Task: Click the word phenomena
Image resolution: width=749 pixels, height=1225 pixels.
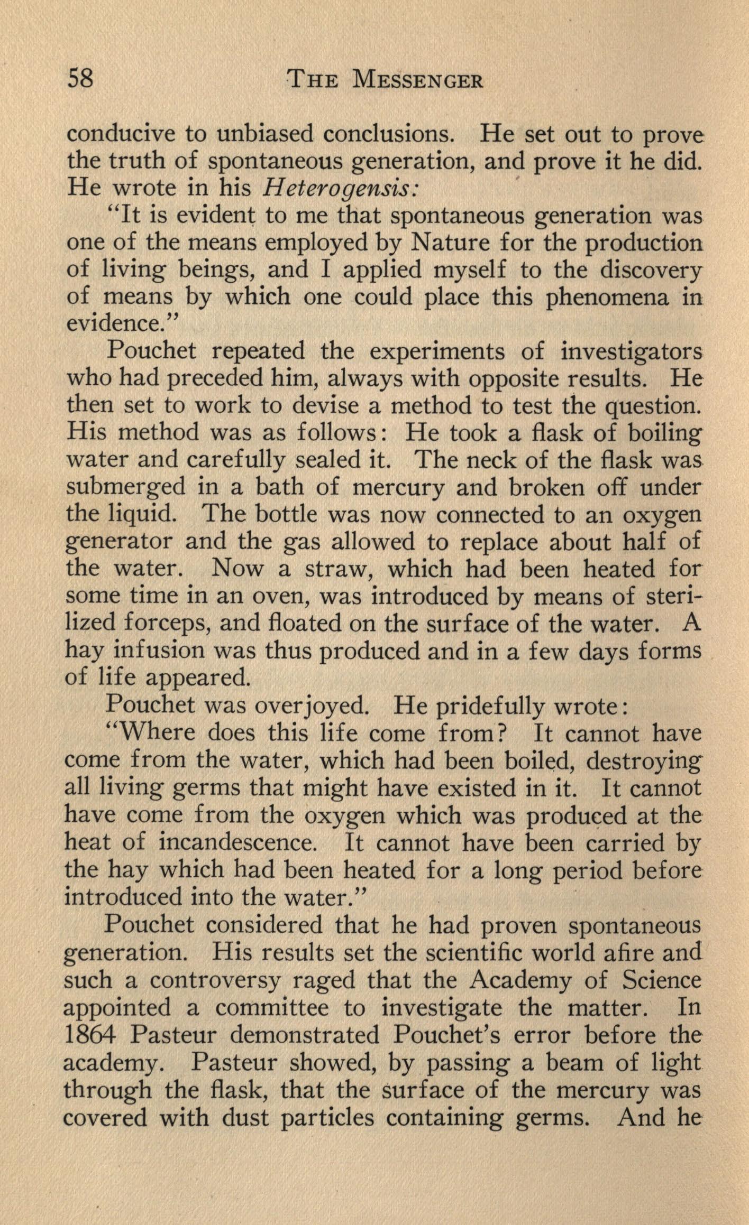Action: (x=608, y=297)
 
